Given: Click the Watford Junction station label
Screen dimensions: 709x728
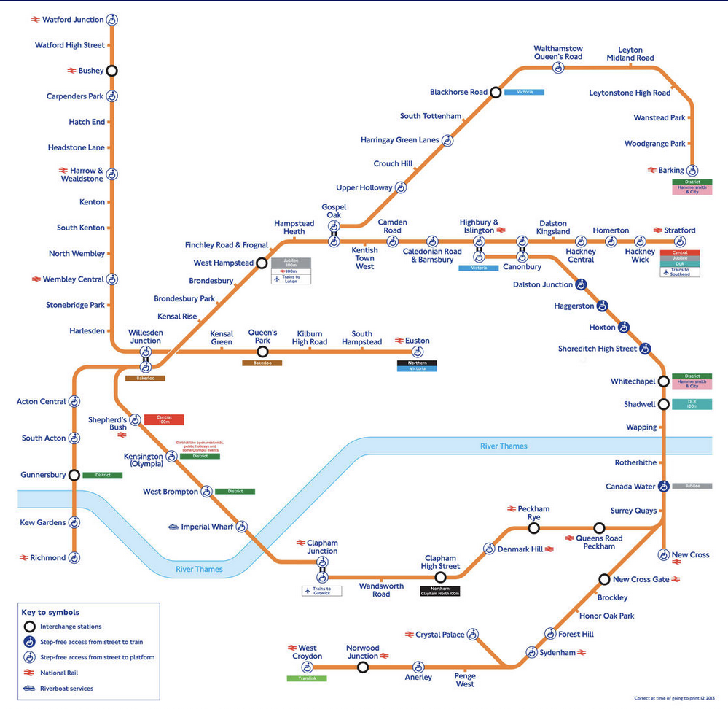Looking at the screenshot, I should pyautogui.click(x=73, y=20).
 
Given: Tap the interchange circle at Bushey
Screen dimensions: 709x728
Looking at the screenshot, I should pyautogui.click(x=111, y=71).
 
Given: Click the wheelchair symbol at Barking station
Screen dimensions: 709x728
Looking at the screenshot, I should pyautogui.click(x=692, y=171).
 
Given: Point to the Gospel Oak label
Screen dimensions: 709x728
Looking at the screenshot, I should pyautogui.click(x=334, y=212).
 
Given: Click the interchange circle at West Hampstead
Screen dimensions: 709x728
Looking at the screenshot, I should pyautogui.click(x=262, y=263).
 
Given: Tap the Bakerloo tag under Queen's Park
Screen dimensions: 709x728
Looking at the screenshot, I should pyautogui.click(x=262, y=363).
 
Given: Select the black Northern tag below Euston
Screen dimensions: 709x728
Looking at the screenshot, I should pyautogui.click(x=417, y=363).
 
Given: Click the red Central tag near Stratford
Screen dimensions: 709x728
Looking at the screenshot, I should pyautogui.click(x=680, y=252).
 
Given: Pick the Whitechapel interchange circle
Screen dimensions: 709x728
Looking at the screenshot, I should pyautogui.click(x=664, y=381).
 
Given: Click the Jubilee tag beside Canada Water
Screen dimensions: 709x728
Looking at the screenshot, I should pyautogui.click(x=692, y=486).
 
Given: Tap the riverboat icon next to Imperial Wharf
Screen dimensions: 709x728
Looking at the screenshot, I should pyautogui.click(x=173, y=527).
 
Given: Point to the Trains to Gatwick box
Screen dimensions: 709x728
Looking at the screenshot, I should pyautogui.click(x=321, y=591).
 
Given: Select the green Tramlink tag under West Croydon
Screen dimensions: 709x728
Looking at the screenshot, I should pyautogui.click(x=307, y=678).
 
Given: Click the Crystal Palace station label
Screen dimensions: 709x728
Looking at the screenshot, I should pyautogui.click(x=439, y=635).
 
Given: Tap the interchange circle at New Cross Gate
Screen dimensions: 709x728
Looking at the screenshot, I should pyautogui.click(x=604, y=580).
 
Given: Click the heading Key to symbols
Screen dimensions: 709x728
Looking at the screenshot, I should pyautogui.click(x=51, y=612).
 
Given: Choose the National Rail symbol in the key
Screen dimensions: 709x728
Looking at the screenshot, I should pyautogui.click(x=29, y=673).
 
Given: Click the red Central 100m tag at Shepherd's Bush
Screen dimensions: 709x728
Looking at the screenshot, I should pyautogui.click(x=164, y=419).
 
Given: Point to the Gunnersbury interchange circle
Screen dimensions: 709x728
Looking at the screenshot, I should pyautogui.click(x=74, y=475).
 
